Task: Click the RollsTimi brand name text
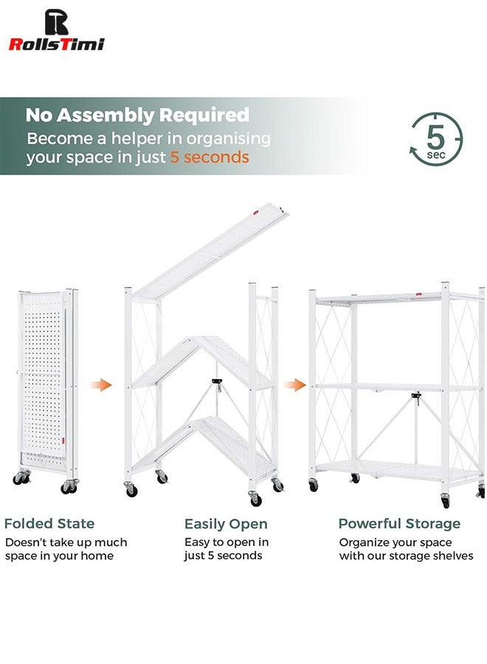[x=56, y=44]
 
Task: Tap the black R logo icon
[x=56, y=21]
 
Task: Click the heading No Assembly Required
[x=137, y=115]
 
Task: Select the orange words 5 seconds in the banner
[x=210, y=157]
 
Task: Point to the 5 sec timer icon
[x=435, y=139]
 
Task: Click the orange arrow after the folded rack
[x=101, y=385]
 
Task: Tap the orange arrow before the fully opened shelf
[x=296, y=385]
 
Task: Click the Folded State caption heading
[x=49, y=524]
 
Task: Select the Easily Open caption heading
[x=226, y=524]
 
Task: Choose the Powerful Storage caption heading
[x=399, y=524]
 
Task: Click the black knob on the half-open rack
[x=217, y=382]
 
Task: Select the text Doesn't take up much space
[x=66, y=549]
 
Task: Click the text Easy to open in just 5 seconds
[x=227, y=549]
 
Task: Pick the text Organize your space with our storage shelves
[x=406, y=549]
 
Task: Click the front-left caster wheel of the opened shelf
[x=313, y=485]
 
